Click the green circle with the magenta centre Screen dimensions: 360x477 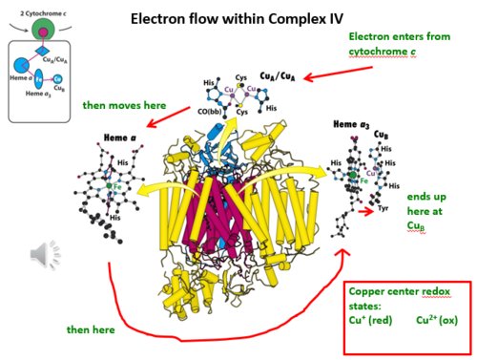tap(40, 32)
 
